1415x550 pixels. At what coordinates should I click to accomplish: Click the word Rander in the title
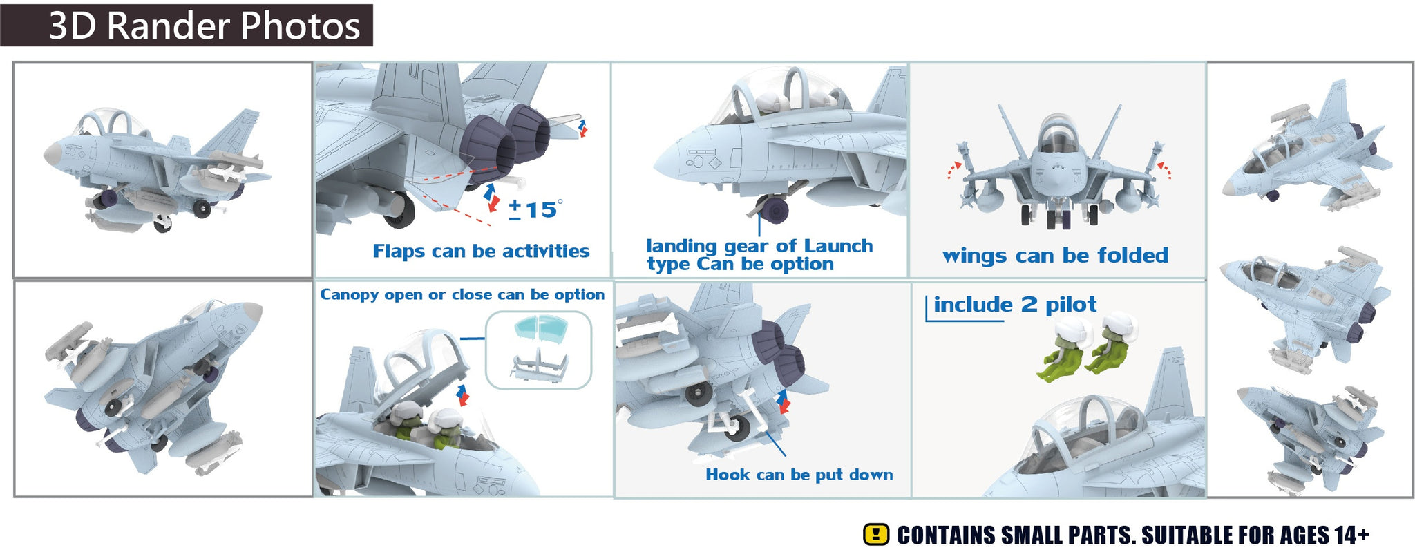pos(168,26)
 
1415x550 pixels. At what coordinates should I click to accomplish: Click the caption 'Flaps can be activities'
pos(481,251)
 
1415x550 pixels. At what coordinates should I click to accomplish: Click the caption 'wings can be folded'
pos(1055,256)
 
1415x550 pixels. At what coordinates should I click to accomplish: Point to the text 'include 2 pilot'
pos(1015,305)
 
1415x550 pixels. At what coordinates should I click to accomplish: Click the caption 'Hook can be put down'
pos(799,475)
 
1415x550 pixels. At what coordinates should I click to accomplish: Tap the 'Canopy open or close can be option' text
pos(462,295)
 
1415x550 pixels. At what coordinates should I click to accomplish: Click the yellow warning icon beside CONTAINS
pos(876,535)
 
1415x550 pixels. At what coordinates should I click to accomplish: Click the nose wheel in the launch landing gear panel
pos(774,209)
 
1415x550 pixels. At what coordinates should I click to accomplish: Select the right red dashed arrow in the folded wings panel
pos(1165,170)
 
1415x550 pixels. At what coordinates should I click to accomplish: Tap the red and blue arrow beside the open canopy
pos(462,396)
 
